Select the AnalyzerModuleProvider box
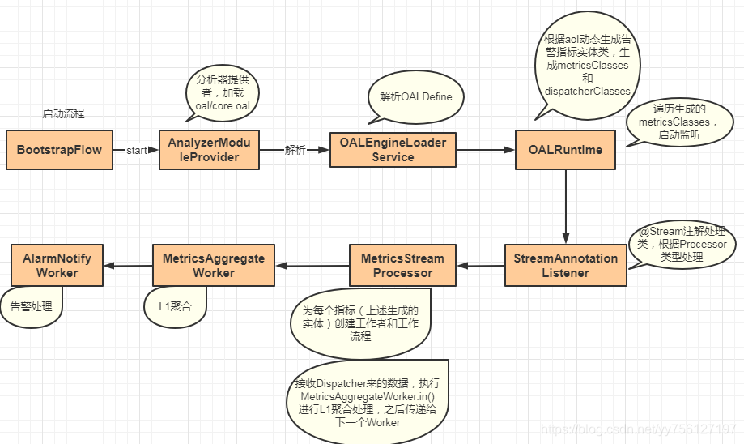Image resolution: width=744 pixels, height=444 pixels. [209, 150]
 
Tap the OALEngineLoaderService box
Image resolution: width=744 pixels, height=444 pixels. [393, 150]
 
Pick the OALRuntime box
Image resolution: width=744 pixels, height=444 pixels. [565, 150]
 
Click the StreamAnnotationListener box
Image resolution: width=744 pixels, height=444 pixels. [565, 266]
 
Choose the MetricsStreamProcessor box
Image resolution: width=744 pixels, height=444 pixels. [402, 266]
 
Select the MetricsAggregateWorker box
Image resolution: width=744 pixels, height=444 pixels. [214, 266]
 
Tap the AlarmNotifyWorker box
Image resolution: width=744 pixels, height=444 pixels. [57, 266]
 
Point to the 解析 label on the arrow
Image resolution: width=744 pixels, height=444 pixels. [295, 151]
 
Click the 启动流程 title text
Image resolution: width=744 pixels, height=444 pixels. [63, 114]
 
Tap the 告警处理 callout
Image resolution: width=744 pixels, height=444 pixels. [32, 306]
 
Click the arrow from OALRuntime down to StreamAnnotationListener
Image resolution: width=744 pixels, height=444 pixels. [565, 206]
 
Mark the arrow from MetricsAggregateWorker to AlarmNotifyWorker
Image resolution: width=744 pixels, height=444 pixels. [128, 266]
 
